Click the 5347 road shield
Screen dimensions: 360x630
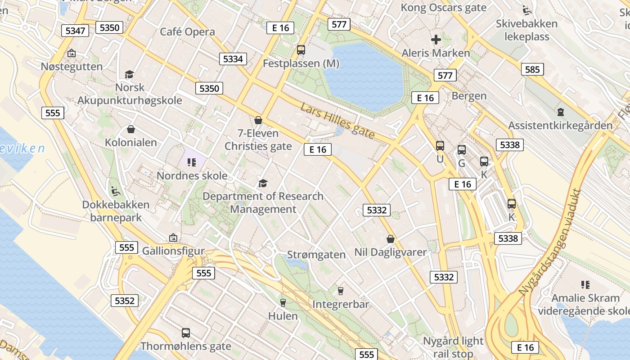pyautogui.click(x=75, y=31)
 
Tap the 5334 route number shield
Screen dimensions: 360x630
pyautogui.click(x=233, y=58)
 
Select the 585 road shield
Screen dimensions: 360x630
pyautogui.click(x=532, y=69)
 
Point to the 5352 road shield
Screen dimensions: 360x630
pyautogui.click(x=125, y=301)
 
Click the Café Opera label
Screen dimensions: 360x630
pyautogui.click(x=188, y=32)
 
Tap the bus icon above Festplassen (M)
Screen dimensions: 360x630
pyautogui.click(x=301, y=50)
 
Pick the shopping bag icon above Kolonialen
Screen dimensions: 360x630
pyautogui.click(x=131, y=130)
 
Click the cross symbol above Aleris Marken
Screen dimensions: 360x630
pyautogui.click(x=436, y=40)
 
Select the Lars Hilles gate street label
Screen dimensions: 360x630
pyautogui.click(x=337, y=121)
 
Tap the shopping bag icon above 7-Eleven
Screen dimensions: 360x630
pyautogui.click(x=258, y=120)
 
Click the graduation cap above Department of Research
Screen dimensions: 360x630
pyautogui.click(x=263, y=183)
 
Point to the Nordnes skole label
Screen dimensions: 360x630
pyautogui.click(x=192, y=175)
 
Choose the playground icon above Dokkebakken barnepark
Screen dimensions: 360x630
pyautogui.click(x=116, y=191)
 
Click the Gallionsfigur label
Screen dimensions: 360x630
pyautogui.click(x=173, y=251)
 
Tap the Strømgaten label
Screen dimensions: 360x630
pyautogui.click(x=316, y=255)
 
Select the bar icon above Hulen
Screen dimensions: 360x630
pyautogui.click(x=283, y=303)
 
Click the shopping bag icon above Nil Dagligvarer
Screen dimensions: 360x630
pyautogui.click(x=390, y=239)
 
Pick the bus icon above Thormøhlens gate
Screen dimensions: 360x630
pyautogui.click(x=186, y=333)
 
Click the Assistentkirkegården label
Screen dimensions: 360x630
pyautogui.click(x=560, y=125)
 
